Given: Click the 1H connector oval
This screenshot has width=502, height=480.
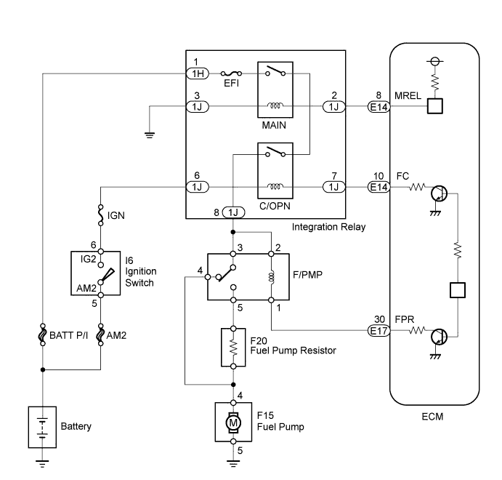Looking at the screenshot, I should (198, 73).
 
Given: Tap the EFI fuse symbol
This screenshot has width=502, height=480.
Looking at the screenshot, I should (232, 73).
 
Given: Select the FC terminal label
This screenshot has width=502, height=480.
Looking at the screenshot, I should (403, 176).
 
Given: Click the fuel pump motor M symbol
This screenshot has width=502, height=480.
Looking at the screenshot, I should (233, 422).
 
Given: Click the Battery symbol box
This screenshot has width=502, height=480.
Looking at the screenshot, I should (43, 425).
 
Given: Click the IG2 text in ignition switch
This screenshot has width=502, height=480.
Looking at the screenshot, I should (88, 258).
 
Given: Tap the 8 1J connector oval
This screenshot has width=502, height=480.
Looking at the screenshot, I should (233, 212).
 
